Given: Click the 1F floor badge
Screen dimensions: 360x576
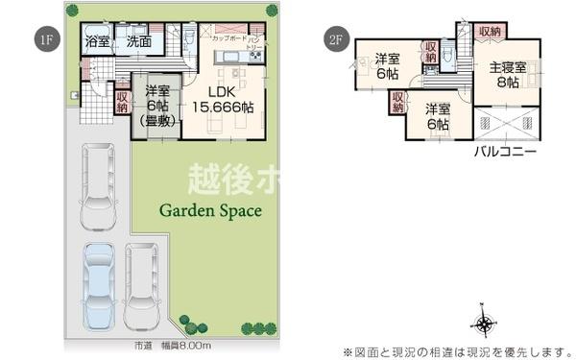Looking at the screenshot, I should click(43, 40).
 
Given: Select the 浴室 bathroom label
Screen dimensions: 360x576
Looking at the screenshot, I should click(96, 41).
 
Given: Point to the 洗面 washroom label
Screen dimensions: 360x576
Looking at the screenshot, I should click(138, 41).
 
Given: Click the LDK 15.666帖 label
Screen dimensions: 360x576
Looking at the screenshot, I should click(223, 100).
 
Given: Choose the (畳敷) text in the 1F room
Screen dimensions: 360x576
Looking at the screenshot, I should click(157, 121).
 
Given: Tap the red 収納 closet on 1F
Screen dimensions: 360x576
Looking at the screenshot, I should click(122, 100).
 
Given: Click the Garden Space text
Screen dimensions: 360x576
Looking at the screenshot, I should click(209, 210).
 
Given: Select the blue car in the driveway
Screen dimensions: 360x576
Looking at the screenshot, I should click(98, 284).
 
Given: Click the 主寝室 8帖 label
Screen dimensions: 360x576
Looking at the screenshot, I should click(507, 75).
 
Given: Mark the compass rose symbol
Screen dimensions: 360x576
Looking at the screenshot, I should click(485, 323).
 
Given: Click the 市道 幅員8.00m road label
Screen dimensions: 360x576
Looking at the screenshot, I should click(173, 346).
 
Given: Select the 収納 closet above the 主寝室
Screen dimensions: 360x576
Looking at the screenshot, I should click(489, 32).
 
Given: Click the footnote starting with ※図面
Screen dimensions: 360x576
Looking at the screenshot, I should click(451, 350).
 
